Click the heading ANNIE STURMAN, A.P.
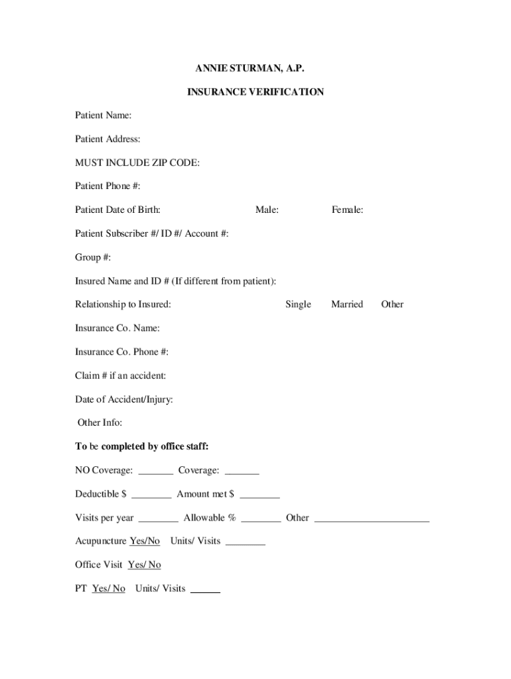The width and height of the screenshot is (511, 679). click(x=255, y=68)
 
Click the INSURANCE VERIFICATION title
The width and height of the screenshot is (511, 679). click(x=255, y=92)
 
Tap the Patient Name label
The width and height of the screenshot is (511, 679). click(x=103, y=115)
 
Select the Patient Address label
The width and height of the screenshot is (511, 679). click(x=108, y=139)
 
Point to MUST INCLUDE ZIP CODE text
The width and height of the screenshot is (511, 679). click(x=137, y=162)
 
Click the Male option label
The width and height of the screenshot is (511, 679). click(x=267, y=210)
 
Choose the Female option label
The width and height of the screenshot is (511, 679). click(x=347, y=210)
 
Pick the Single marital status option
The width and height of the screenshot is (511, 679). click(x=298, y=304)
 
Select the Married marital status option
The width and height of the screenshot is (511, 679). click(x=347, y=304)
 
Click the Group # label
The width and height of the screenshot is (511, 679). click(x=93, y=257)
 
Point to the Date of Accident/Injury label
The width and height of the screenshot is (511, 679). click(x=124, y=399)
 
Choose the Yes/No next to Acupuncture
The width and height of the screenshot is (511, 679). click(x=145, y=541)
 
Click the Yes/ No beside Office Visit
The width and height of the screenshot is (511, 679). click(x=144, y=565)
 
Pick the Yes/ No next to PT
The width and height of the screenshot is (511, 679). click(x=108, y=589)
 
